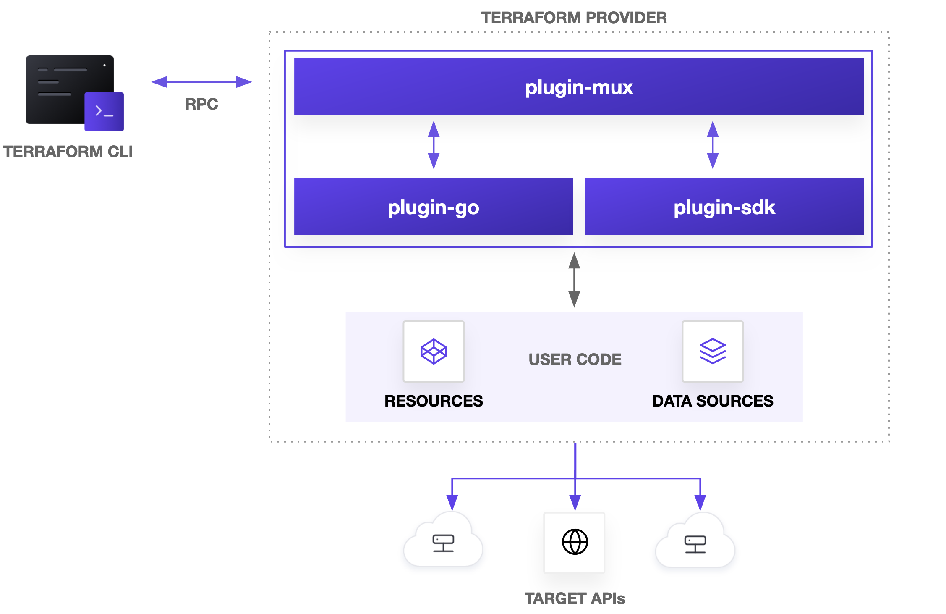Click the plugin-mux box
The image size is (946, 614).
[579, 87]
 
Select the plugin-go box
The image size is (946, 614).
[433, 207]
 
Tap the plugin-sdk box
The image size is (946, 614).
[724, 207]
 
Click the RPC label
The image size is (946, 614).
[201, 104]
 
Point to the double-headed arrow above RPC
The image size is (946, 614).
[201, 82]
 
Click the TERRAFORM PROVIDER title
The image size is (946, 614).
[574, 18]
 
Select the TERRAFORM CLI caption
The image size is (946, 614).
[68, 152]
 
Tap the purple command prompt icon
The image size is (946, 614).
[104, 112]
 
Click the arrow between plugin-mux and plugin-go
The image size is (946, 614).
[434, 145]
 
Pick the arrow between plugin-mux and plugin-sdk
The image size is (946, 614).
[713, 145]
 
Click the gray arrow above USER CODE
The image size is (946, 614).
[574, 280]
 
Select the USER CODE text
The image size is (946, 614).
[575, 359]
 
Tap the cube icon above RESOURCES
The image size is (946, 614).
[434, 351]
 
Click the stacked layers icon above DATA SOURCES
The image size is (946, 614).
[713, 351]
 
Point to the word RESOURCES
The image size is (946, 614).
[434, 401]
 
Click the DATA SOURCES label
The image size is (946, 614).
[713, 401]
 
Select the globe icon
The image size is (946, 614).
[575, 542]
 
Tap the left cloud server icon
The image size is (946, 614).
[443, 543]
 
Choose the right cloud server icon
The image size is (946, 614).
[695, 544]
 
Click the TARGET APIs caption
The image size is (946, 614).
[575, 598]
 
